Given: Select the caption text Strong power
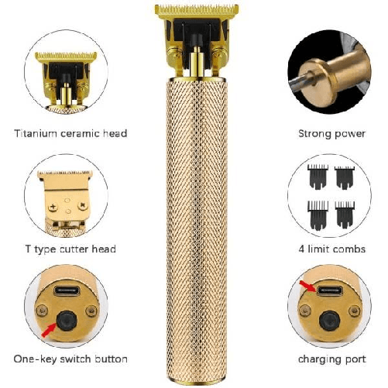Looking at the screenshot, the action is click(x=331, y=134).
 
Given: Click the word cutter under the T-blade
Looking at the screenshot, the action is click(x=74, y=249).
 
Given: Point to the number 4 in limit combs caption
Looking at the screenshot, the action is click(x=301, y=249).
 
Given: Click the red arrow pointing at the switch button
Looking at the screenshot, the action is click(x=49, y=331).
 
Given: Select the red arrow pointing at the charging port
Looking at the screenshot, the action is click(x=308, y=286).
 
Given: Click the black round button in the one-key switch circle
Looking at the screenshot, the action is click(x=67, y=321).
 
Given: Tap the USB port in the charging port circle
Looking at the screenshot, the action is click(x=330, y=290).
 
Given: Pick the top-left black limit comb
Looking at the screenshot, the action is click(x=318, y=177).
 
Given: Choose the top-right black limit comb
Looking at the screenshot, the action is click(x=345, y=177).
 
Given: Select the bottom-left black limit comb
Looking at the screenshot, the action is click(x=318, y=215).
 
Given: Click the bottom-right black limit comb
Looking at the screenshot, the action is click(x=345, y=215).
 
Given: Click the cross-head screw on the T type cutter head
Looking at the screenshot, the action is click(x=53, y=207).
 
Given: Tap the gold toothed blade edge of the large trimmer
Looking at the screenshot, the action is click(x=197, y=9).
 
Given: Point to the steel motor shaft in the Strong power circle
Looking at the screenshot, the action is click(x=300, y=81).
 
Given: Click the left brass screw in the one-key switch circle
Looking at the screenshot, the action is click(x=42, y=311).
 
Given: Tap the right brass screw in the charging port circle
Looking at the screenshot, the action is click(x=354, y=311).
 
